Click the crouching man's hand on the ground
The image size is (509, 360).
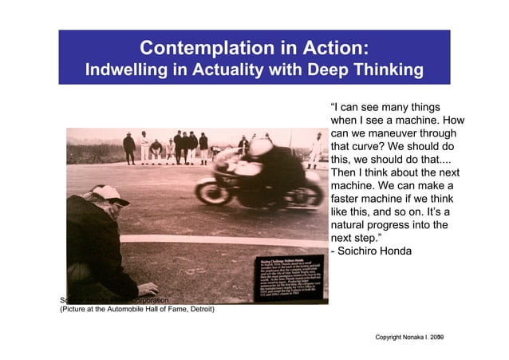[146, 288]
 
